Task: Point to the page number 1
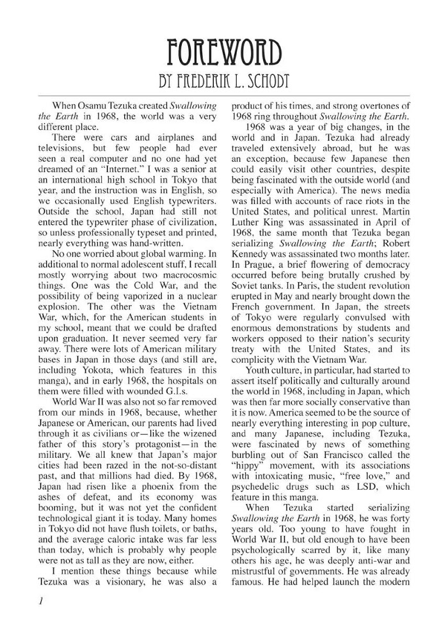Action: (41, 601)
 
